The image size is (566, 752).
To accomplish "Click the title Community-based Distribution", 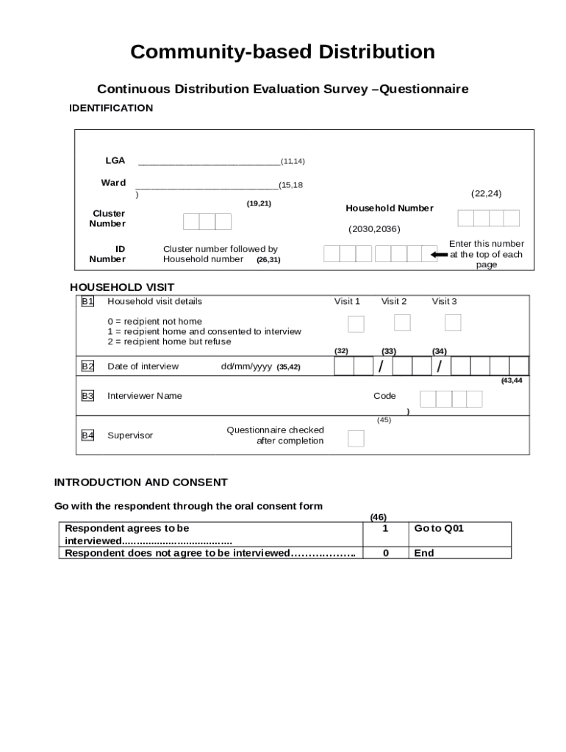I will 282,52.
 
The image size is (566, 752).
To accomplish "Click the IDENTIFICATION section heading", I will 111,108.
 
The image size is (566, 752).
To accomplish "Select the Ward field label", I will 113,183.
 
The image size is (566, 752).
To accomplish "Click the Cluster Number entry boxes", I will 207,221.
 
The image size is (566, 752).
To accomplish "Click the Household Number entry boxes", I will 488,218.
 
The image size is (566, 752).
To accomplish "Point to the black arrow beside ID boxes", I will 439,255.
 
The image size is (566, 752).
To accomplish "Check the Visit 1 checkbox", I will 356,323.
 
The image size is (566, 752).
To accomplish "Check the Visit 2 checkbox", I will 402,322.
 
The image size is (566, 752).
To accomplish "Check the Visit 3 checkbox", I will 453,322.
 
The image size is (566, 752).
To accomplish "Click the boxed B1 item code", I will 87,301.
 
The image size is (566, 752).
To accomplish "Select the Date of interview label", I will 143,366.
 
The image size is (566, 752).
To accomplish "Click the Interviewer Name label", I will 145,396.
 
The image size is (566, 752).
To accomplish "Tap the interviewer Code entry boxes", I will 451,399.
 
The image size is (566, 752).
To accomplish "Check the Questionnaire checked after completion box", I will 356,438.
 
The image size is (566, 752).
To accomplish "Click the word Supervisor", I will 130,435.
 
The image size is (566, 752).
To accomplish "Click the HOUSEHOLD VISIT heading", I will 122,287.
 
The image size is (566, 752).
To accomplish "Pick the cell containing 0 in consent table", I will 386,553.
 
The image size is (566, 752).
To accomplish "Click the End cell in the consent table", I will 459,553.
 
